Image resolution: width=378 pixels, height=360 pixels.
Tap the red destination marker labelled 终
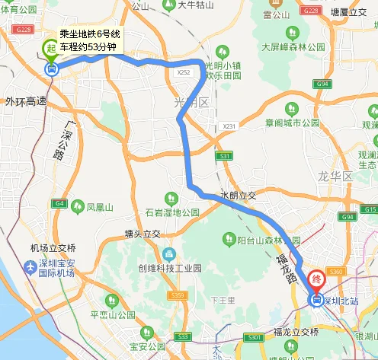tap(316, 280)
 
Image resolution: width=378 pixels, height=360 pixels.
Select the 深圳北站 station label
tap(342, 301)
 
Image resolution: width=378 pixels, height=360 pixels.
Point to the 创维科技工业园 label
tap(169, 269)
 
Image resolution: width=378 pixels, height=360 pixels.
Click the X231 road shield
tap(231, 126)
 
